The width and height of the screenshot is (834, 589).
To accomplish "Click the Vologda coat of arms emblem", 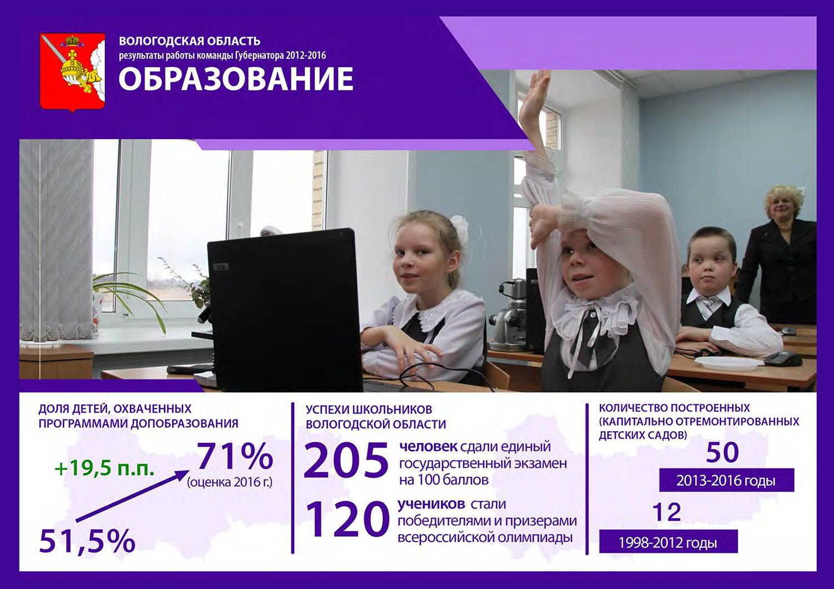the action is [72, 73].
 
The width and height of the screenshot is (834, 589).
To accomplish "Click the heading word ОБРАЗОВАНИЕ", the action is [236, 79].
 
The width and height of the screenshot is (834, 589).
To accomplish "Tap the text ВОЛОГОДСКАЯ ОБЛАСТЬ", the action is [190, 41].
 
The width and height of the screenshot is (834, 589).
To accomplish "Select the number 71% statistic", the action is [235, 456].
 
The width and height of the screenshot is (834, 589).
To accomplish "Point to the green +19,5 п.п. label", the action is [105, 468].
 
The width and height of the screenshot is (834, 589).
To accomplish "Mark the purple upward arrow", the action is [132, 496].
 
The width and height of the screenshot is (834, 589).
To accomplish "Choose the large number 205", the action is [346, 460].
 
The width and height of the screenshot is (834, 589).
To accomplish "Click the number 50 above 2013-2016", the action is [722, 452].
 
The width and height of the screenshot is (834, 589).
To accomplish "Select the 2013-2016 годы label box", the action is [726, 480].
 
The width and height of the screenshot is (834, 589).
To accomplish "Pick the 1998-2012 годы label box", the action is [668, 542].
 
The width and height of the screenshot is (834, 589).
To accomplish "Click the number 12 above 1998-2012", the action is [667, 512].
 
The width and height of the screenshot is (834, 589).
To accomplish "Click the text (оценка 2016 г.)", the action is [230, 482].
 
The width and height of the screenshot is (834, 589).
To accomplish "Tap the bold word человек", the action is [428, 447].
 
